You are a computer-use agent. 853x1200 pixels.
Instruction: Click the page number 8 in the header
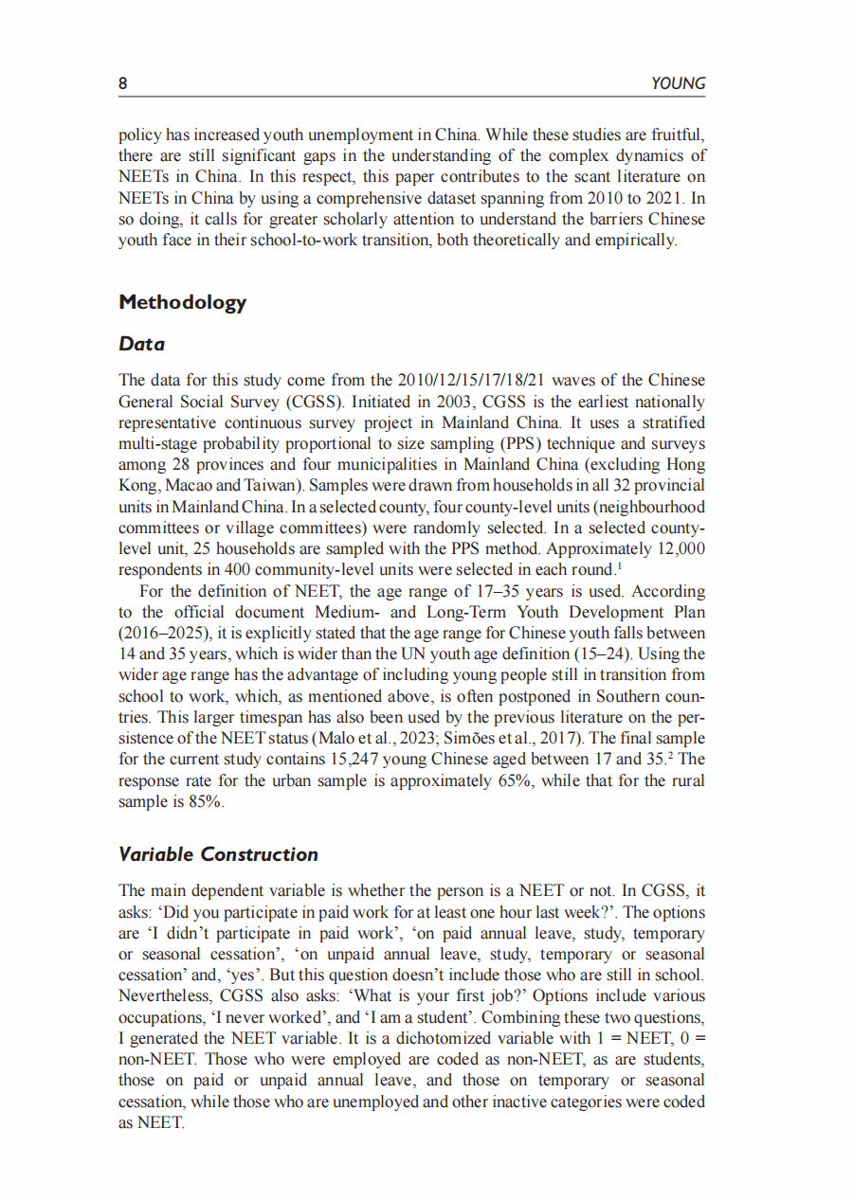tap(123, 83)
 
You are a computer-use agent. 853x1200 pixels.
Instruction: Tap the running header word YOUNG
tap(679, 83)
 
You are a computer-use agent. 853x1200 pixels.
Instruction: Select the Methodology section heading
tap(182, 302)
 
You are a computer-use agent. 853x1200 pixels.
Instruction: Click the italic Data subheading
tap(141, 345)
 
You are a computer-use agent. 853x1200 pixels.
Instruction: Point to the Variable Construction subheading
tap(218, 854)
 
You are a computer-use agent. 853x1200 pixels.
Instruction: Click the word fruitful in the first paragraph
tap(678, 134)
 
